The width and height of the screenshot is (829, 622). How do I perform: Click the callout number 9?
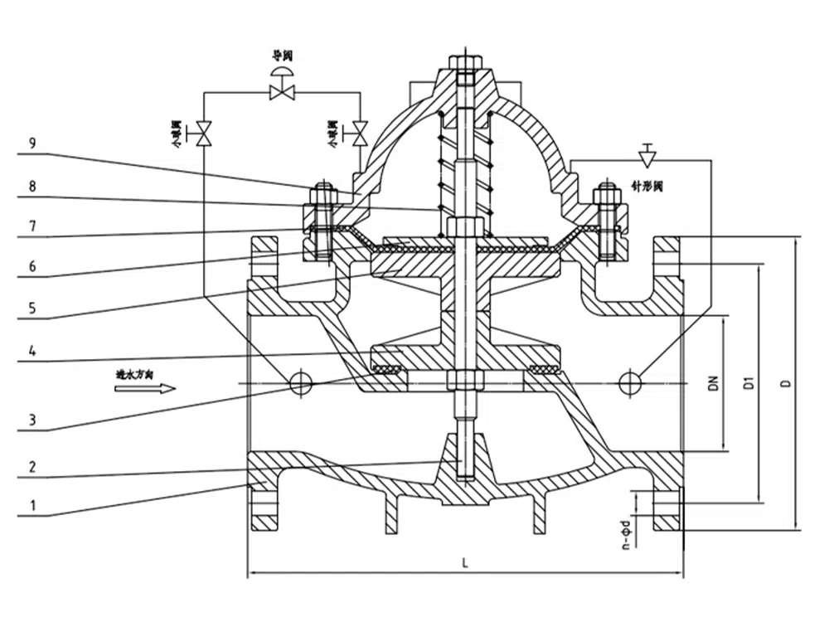tap(32, 143)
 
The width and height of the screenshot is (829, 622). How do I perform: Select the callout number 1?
tap(32, 504)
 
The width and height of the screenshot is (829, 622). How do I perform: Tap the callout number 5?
tap(32, 307)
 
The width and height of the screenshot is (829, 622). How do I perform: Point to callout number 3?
tap(32, 420)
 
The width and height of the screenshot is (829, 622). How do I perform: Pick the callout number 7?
tap(32, 226)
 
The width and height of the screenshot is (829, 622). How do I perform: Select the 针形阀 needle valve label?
tap(647, 188)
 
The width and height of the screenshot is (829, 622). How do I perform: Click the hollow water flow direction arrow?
tap(157, 388)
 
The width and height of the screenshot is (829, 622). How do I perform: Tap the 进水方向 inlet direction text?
tap(134, 374)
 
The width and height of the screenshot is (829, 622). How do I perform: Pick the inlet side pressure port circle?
tap(301, 382)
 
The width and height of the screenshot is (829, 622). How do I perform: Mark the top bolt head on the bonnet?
tap(465, 62)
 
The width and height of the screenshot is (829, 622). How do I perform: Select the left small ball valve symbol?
tap(204, 132)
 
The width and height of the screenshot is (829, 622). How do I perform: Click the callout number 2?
tap(32, 467)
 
